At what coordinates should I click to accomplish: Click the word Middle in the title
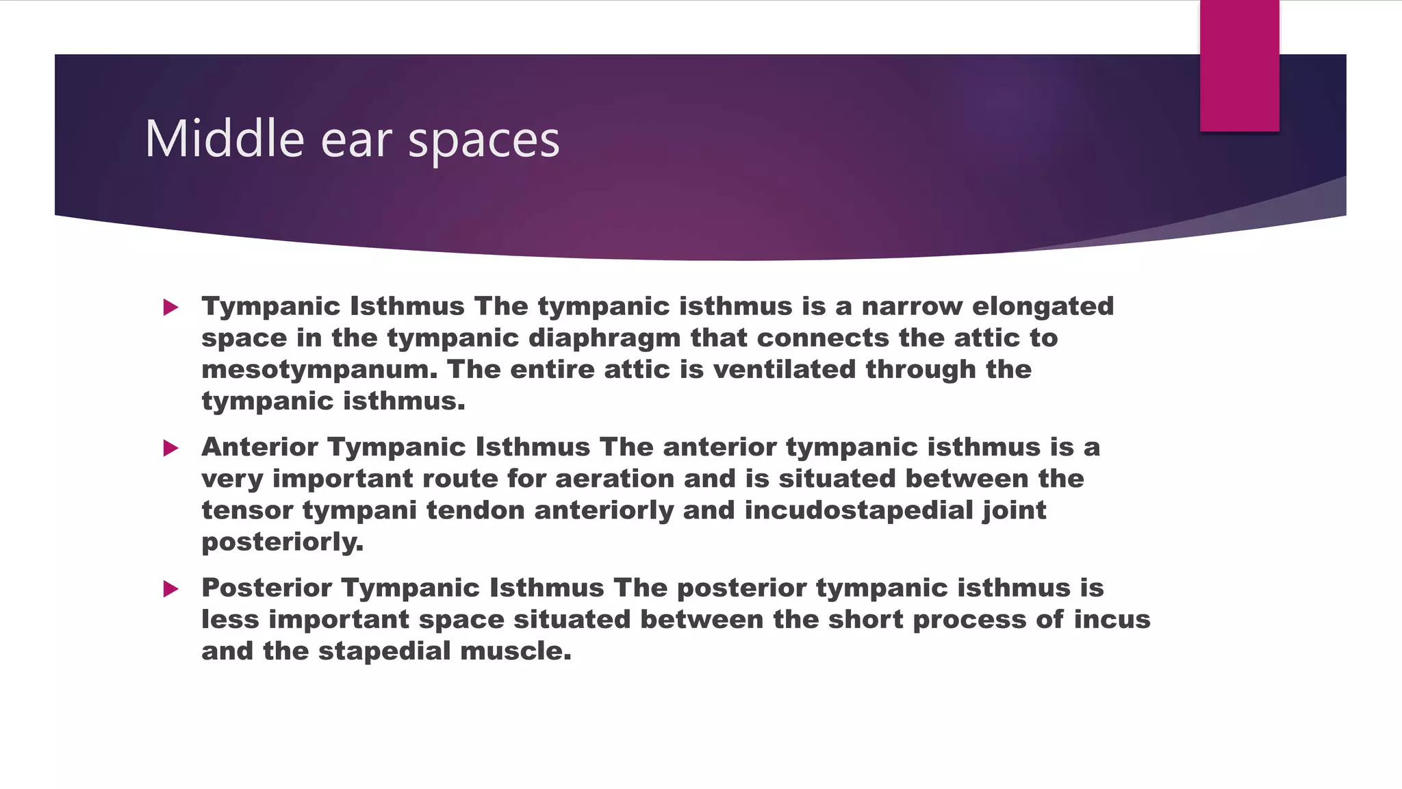(224, 139)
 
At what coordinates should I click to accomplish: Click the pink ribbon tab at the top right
(1239, 65)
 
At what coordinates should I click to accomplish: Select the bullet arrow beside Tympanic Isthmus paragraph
(171, 308)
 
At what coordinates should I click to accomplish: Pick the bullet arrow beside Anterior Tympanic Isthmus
(171, 449)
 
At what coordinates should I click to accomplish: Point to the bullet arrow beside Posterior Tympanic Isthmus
(171, 589)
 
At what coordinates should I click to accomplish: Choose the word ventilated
(785, 370)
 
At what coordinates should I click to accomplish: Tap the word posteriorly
(282, 542)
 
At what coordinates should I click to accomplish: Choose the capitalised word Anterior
(259, 447)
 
